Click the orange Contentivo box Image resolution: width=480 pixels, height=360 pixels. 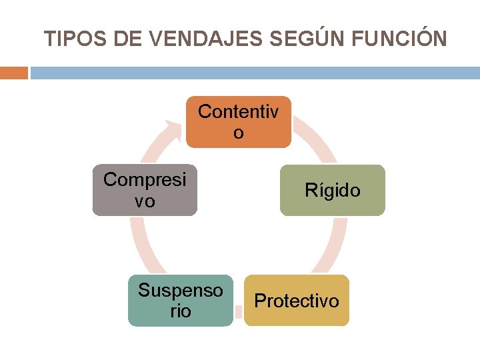click(x=239, y=122)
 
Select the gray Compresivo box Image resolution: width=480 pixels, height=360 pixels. click(x=145, y=190)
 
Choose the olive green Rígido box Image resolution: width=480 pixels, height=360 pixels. click(x=333, y=190)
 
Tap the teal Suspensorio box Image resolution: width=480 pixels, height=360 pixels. click(x=181, y=301)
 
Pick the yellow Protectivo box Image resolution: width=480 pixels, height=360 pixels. click(x=297, y=301)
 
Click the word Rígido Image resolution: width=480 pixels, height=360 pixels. click(x=333, y=191)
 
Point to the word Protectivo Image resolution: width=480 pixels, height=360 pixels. click(x=297, y=301)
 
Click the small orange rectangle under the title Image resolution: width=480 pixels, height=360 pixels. click(x=13, y=73)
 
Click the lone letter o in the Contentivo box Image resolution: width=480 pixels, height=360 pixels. click(x=239, y=133)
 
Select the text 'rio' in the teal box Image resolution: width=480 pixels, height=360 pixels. click(x=181, y=311)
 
